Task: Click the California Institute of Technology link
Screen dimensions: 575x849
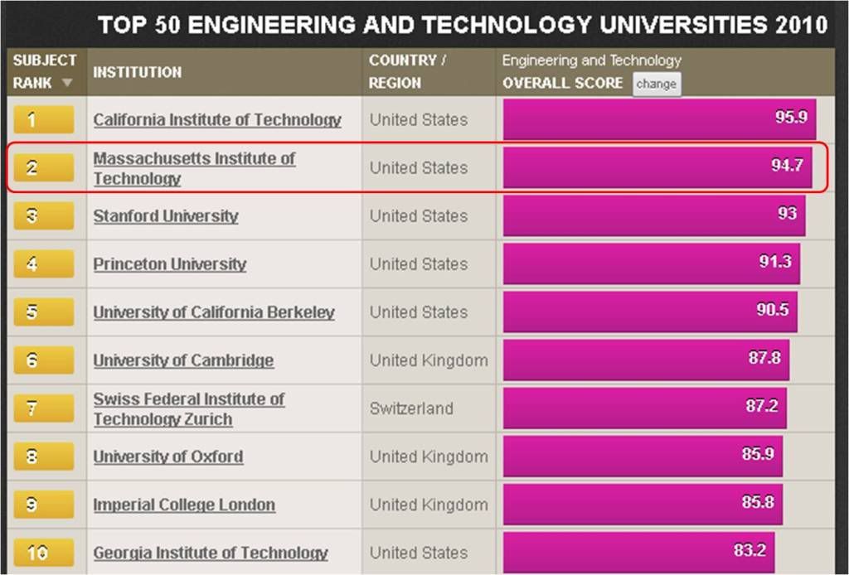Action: pos(217,120)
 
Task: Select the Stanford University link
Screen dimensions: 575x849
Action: pos(166,216)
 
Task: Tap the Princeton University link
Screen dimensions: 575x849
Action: pos(170,264)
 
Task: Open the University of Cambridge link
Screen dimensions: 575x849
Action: pos(183,360)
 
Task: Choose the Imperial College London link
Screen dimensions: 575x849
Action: pos(184,505)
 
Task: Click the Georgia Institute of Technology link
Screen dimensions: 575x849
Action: pos(211,553)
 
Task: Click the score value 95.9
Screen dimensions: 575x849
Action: pos(791,117)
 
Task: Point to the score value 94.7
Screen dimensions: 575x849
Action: pos(787,165)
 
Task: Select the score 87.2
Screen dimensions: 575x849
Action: pos(762,407)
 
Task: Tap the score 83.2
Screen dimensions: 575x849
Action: pos(750,551)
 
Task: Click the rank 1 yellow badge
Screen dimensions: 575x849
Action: pos(44,120)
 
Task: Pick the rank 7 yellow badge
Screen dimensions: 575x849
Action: pos(44,408)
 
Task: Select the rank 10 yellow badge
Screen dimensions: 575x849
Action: pos(44,553)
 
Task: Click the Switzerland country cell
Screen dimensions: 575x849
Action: pos(411,408)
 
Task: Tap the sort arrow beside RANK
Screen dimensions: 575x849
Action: pos(67,83)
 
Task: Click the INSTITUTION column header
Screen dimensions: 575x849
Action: pos(138,72)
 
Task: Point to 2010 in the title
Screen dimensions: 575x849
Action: pos(802,25)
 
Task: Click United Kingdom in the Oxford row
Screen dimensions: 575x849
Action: pos(429,457)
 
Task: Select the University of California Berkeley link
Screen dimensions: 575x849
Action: pos(214,312)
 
